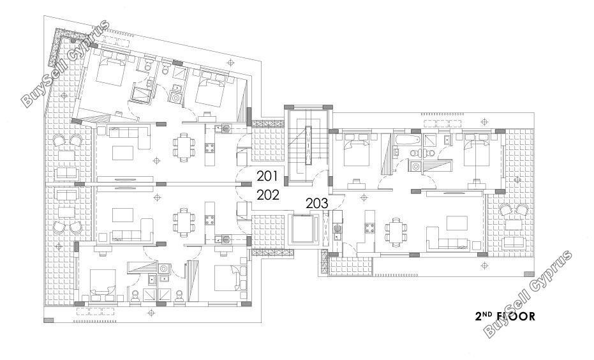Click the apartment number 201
click(x=267, y=176)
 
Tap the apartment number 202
click(x=268, y=195)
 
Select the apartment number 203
click(x=316, y=204)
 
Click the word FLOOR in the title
click(x=516, y=317)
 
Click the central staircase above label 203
click(x=308, y=146)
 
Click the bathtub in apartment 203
click(x=407, y=139)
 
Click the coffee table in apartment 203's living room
click(x=456, y=223)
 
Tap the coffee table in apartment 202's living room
click(x=123, y=215)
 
